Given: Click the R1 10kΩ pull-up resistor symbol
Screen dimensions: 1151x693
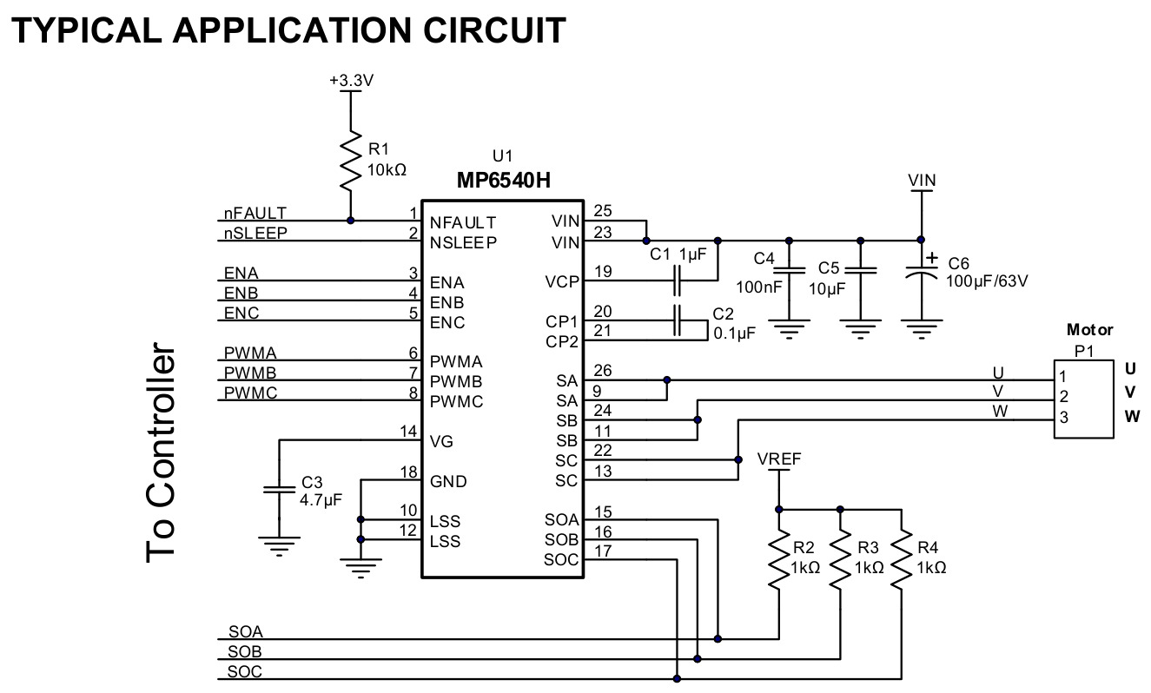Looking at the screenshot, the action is (351, 162).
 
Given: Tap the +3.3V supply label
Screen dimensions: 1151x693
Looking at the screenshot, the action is (352, 81).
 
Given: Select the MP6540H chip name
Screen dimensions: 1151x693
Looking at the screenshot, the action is (504, 181).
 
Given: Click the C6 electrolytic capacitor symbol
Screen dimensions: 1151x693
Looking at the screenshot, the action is (922, 273).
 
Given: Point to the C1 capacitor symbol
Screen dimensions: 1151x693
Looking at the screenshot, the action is (677, 280).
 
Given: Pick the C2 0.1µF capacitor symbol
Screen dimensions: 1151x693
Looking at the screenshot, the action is (677, 320).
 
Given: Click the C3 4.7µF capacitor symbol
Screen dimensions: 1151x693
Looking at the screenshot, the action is (279, 489).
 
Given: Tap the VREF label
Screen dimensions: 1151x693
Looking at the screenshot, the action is (779, 459).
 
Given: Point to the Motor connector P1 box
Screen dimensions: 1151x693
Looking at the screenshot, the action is (1084, 399).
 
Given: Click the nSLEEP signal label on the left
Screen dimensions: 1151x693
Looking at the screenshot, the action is (255, 234).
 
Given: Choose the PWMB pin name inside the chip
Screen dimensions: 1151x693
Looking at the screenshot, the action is (456, 382).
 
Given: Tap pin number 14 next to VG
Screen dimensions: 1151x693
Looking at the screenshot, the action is (408, 432).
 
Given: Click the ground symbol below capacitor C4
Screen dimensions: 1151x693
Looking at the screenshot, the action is (790, 329).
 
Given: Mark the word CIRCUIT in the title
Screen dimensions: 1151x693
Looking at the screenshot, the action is (494, 30).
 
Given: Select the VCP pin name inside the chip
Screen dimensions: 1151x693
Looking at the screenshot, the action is (562, 282).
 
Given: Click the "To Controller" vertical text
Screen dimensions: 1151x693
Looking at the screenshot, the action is (161, 452).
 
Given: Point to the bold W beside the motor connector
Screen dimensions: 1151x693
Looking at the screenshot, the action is (1132, 416).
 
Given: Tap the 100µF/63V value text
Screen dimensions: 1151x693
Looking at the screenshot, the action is (987, 281).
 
